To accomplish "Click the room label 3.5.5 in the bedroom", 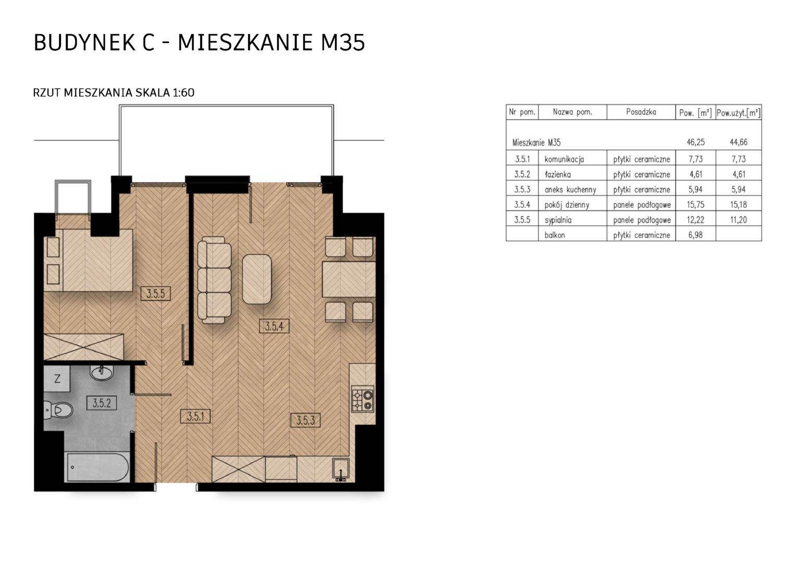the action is click(x=155, y=293).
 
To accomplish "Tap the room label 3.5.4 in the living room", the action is click(x=274, y=326).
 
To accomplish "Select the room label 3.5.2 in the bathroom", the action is click(x=102, y=403).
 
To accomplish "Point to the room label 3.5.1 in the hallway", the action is click(x=195, y=416).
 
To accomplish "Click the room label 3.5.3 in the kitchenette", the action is click(x=305, y=420).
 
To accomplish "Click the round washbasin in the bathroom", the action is click(x=102, y=373).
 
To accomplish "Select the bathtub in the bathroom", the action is click(x=97, y=467).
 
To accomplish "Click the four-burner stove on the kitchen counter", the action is click(x=363, y=399).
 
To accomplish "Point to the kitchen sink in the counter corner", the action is click(x=341, y=469).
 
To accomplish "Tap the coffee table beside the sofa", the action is click(x=257, y=279).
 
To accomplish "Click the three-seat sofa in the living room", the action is click(x=214, y=280).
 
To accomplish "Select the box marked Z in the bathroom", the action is click(x=57, y=379).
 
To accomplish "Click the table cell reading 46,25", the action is click(x=695, y=142).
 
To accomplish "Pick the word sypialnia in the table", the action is click(x=558, y=220).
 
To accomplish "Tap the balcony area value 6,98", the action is click(x=695, y=235).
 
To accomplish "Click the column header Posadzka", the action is click(x=641, y=112).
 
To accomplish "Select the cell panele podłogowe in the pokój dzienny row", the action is click(x=642, y=205).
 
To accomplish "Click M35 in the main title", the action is click(x=343, y=43).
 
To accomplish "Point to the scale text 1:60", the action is click(x=183, y=93).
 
